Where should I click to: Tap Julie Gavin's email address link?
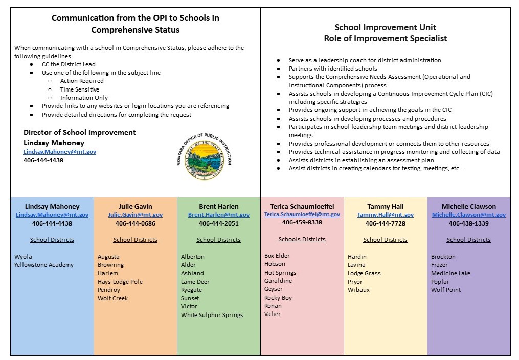coord(136,215)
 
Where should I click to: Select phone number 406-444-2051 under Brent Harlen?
coord(219,223)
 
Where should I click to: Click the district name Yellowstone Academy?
coord(44,265)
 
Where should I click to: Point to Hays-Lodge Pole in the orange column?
coord(120,282)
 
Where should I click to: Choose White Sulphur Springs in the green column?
coord(212,315)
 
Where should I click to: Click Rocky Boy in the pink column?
coord(278,298)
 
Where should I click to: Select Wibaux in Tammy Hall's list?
coord(358,290)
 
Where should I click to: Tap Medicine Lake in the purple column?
coord(450,273)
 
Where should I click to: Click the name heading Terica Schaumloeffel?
coord(302,206)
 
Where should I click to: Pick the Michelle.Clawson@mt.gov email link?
coord(469,215)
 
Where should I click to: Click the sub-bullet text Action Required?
coord(82,81)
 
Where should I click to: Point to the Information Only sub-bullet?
coord(84,98)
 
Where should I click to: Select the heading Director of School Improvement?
coord(80,132)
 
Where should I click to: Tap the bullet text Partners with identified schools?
coord(333,69)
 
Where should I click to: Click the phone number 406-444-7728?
coord(386,223)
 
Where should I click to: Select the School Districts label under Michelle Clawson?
coord(468,240)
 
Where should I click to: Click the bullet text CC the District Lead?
coord(69,64)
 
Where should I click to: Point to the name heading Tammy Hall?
coord(386,207)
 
